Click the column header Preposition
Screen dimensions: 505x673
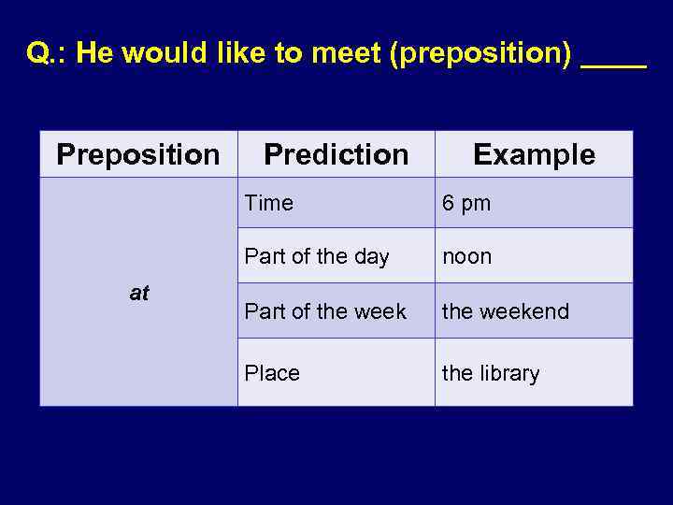pyautogui.click(x=138, y=154)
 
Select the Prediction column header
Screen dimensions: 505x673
pyautogui.click(x=336, y=154)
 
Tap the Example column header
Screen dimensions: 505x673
pyautogui.click(x=534, y=154)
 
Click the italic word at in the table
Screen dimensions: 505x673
pyautogui.click(x=139, y=293)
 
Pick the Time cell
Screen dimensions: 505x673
pyautogui.click(x=269, y=203)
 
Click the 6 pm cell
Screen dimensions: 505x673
pyautogui.click(x=466, y=204)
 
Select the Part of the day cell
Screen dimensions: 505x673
pyautogui.click(x=316, y=256)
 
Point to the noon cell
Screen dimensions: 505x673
pyautogui.click(x=466, y=256)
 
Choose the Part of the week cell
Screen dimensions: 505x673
pyautogui.click(x=325, y=310)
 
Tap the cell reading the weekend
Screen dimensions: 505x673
pyautogui.click(x=505, y=310)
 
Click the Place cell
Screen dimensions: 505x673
pyautogui.click(x=272, y=373)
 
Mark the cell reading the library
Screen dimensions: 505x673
pyautogui.click(x=491, y=373)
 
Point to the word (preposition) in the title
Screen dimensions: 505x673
pyautogui.click(x=480, y=54)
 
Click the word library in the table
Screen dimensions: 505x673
pyautogui.click(x=509, y=373)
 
